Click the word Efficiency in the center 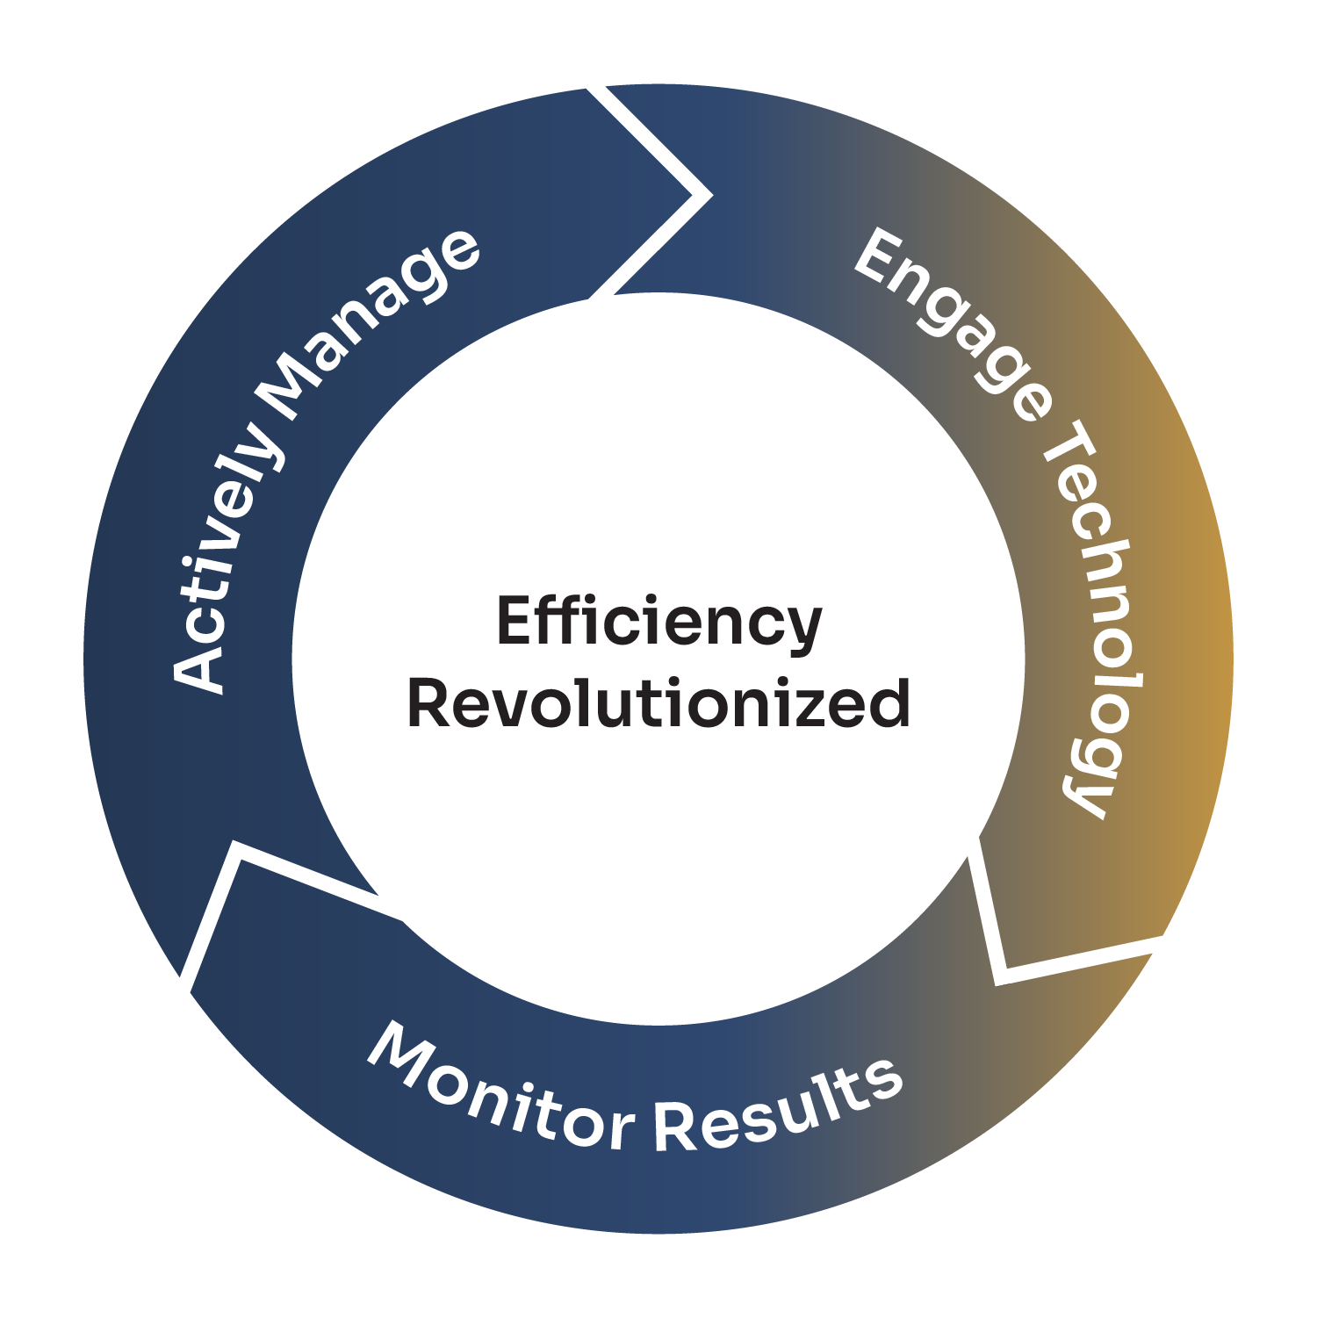[x=658, y=622]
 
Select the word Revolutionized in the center [x=658, y=703]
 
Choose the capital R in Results [x=677, y=1127]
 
